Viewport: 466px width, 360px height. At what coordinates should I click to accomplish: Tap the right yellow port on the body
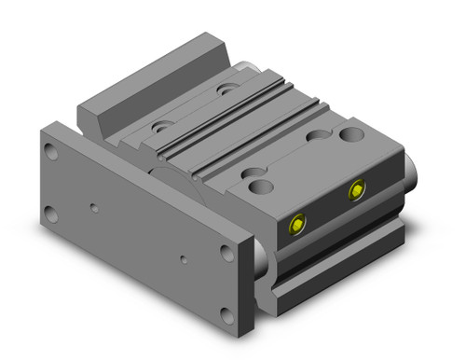[356, 191]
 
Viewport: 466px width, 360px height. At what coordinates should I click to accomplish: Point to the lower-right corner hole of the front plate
[226, 315]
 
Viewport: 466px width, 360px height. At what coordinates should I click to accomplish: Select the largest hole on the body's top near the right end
[351, 135]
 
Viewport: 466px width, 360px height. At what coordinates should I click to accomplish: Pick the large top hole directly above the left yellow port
[262, 187]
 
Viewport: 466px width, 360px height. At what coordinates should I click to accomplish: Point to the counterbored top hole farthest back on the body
[227, 90]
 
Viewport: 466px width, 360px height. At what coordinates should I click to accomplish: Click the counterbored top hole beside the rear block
[163, 124]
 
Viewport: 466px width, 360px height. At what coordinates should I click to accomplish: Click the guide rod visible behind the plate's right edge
[262, 261]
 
